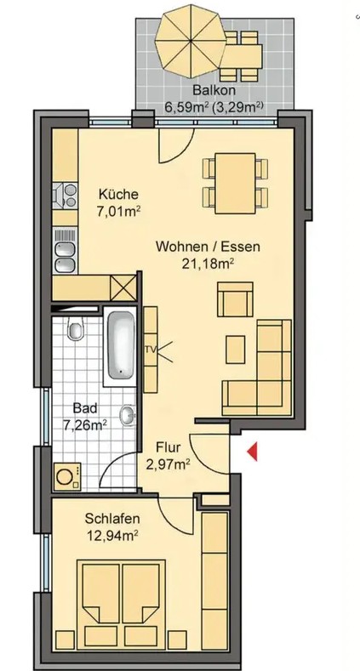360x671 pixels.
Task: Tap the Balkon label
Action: point(209,91)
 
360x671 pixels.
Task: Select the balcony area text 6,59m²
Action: point(184,108)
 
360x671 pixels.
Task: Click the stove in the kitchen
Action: point(64,197)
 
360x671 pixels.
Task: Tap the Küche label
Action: point(117,193)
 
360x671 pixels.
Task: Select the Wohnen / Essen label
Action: point(207,247)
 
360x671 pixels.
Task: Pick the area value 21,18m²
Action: point(208,264)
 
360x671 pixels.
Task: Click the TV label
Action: point(151,350)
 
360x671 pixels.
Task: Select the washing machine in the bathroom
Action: point(66,476)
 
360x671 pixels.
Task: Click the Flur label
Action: point(168,446)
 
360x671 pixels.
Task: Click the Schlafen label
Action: point(111,518)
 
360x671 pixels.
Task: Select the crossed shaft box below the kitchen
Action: point(123,286)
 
